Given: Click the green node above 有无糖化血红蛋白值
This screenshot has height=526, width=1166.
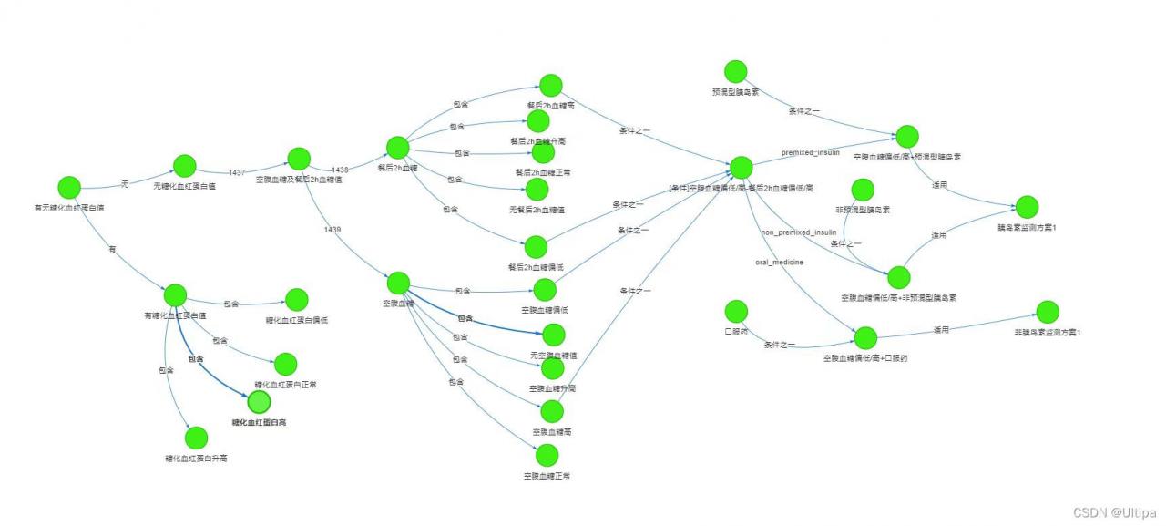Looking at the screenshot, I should click(x=69, y=188).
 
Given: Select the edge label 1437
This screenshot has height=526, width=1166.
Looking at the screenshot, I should click(x=237, y=172).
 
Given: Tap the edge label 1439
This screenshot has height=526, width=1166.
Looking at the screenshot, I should click(x=332, y=230).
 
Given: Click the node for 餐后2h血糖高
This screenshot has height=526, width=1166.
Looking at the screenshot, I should click(x=550, y=86).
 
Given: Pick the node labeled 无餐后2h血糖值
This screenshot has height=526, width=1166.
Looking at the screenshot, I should click(x=537, y=190).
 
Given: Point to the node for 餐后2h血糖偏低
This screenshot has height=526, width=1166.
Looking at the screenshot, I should click(x=536, y=247).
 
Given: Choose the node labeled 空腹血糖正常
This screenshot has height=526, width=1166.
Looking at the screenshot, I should click(x=547, y=455).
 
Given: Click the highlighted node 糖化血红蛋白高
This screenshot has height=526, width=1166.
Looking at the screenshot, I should click(x=260, y=401).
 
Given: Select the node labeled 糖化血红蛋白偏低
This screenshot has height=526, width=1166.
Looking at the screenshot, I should click(x=297, y=300).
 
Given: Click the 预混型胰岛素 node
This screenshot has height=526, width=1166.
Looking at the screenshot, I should click(x=736, y=72).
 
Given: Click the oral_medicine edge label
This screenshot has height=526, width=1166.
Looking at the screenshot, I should click(x=780, y=263).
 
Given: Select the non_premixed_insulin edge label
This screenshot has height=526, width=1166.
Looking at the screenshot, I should click(x=798, y=232).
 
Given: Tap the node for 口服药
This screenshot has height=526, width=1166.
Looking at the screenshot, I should click(x=736, y=312).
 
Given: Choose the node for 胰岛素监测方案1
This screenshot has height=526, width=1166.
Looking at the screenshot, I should click(x=1027, y=207).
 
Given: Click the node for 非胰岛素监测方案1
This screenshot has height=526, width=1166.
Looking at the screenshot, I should click(x=1048, y=312).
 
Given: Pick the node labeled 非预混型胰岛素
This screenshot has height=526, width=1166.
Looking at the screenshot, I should click(x=862, y=190).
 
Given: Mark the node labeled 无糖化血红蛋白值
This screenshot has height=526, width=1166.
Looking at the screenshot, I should click(x=185, y=166).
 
